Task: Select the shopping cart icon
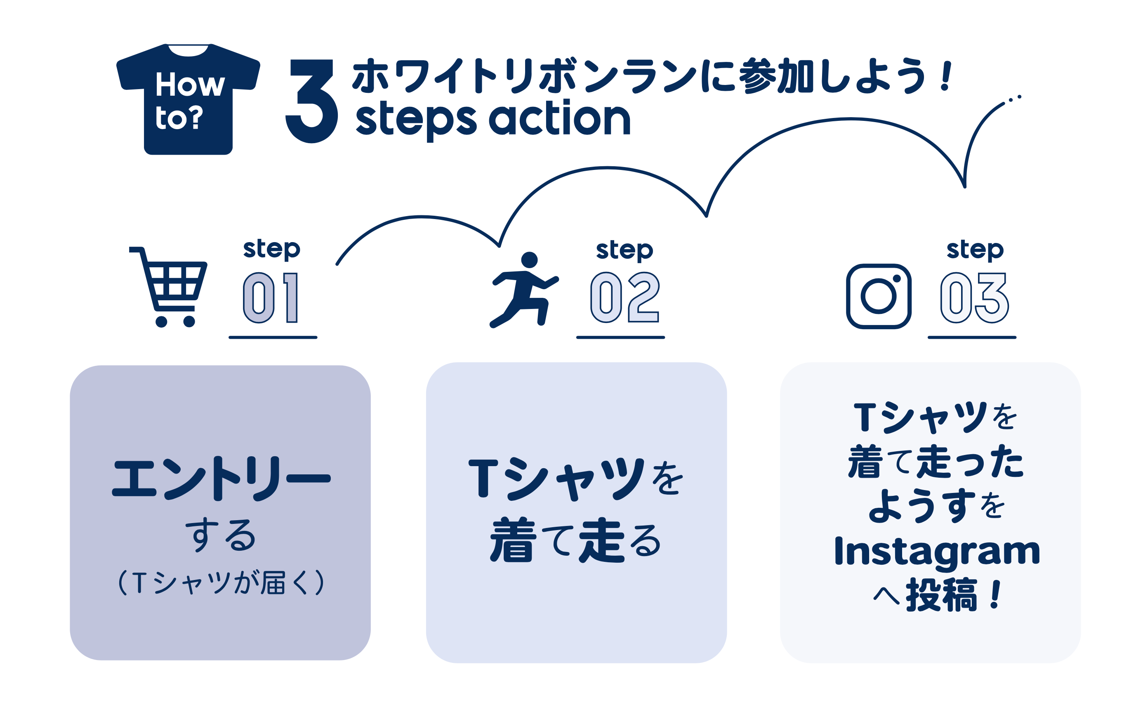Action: pyautogui.click(x=168, y=287)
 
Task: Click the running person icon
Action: pyautogui.click(x=524, y=290)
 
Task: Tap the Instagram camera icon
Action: pyautogui.click(x=879, y=296)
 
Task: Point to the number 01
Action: pyautogui.click(x=271, y=297)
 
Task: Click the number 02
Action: pyautogui.click(x=625, y=297)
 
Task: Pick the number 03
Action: pyautogui.click(x=975, y=297)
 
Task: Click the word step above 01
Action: pyautogui.click(x=272, y=249)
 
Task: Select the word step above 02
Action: pyautogui.click(x=625, y=250)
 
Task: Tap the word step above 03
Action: pyautogui.click(x=975, y=250)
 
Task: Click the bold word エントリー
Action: pyautogui.click(x=221, y=479)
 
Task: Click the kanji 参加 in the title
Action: pyautogui.click(x=776, y=75)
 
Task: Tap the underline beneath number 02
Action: pyautogui.click(x=620, y=337)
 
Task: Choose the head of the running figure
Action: pyautogui.click(x=529, y=259)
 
